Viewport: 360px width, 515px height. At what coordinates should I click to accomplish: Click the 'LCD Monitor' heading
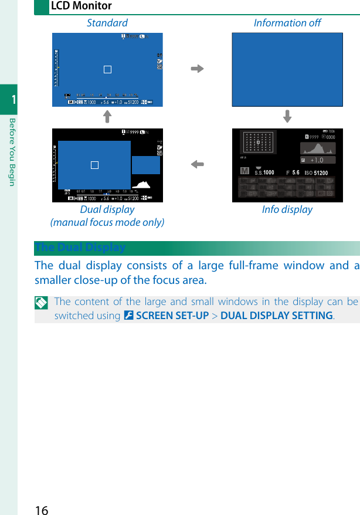point(81,6)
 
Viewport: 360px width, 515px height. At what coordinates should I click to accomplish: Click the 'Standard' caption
point(107,23)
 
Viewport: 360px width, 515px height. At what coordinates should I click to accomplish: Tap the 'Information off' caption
point(287,23)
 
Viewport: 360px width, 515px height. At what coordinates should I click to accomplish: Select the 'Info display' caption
point(287,209)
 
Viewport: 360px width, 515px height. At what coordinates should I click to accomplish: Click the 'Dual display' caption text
point(107,209)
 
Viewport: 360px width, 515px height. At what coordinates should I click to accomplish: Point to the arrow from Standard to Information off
point(197,69)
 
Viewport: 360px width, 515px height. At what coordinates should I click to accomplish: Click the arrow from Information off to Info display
point(287,117)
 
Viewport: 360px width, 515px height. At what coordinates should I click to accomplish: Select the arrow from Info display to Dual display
point(197,165)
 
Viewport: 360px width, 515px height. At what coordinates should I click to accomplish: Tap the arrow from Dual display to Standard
point(107,117)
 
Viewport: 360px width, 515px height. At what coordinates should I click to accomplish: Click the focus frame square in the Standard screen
point(107,69)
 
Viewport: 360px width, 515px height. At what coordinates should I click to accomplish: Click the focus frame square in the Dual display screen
point(94,165)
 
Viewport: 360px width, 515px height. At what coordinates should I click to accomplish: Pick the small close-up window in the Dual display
point(146,165)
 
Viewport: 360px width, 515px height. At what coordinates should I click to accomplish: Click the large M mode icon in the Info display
point(244,172)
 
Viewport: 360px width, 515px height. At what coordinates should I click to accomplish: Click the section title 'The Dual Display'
point(80,248)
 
